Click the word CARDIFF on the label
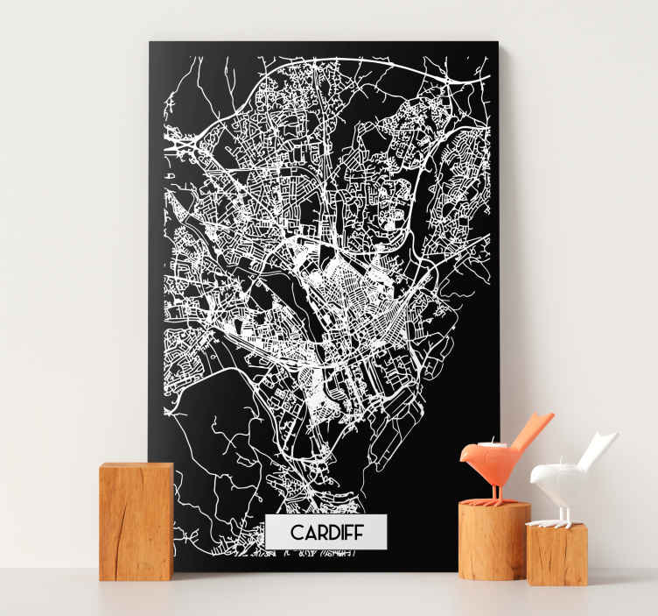click(325, 532)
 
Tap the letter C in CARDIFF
click(296, 532)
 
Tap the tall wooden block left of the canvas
click(136, 521)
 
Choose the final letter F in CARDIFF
click(356, 532)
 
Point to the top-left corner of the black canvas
click(150, 42)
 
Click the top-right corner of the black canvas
click(497, 42)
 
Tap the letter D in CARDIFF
click(330, 532)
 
